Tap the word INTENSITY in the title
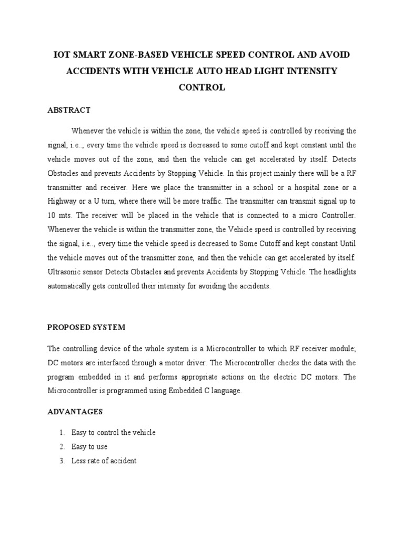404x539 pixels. tap(312, 71)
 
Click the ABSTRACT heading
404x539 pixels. tap(69, 110)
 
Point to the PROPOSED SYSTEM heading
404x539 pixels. tap(86, 327)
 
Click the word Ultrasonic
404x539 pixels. tap(66, 273)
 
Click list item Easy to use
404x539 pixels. tap(89, 447)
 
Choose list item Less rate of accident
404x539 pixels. tap(104, 461)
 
